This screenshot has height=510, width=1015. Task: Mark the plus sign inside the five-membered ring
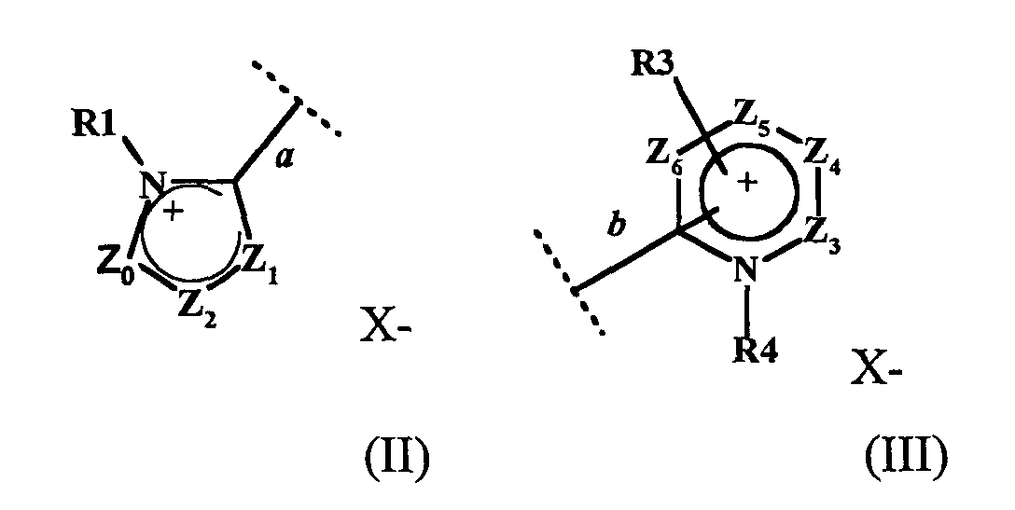[173, 214]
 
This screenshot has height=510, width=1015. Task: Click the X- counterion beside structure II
[383, 328]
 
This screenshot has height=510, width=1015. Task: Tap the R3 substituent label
[653, 63]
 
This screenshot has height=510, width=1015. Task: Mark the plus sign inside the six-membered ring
[746, 184]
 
